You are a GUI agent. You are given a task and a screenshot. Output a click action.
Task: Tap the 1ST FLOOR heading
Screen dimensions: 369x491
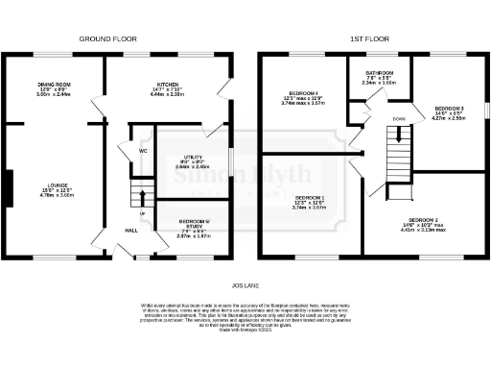coord(371,40)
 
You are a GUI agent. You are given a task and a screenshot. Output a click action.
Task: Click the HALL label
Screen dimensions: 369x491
coord(129,230)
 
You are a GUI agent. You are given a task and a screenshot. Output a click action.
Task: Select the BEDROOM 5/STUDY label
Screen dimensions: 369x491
coord(193,222)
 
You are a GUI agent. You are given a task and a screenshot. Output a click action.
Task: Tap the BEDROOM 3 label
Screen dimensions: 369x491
coord(449,108)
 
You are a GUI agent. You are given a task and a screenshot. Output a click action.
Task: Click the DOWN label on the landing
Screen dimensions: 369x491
coord(398,120)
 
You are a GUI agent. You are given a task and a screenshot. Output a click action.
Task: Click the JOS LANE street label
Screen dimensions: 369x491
coord(245,284)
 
